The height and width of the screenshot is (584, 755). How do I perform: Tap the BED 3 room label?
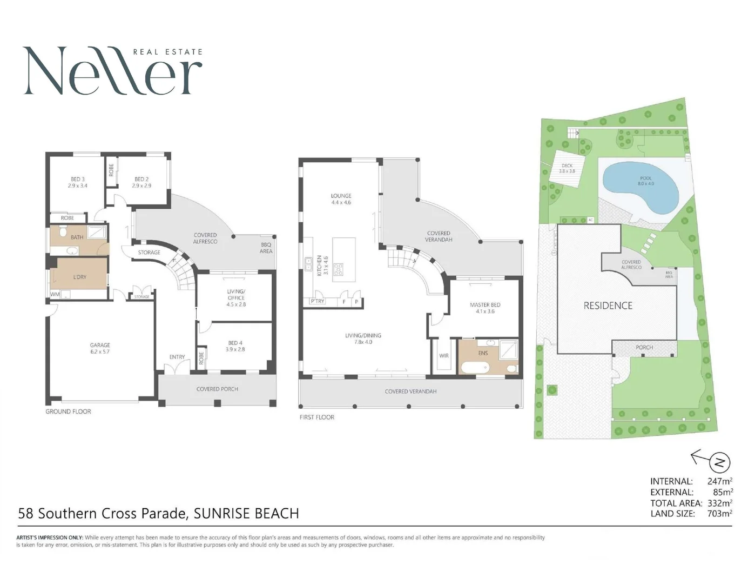point(77,182)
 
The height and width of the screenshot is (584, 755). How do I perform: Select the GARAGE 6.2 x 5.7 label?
point(100,348)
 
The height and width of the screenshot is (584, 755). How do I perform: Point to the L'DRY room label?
point(79,277)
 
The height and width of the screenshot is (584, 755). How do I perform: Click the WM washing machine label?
point(55,295)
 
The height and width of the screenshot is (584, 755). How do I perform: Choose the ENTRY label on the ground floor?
point(177,357)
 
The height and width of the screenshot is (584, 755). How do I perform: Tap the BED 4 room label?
point(235,346)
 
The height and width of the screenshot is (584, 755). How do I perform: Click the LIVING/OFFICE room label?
point(236,298)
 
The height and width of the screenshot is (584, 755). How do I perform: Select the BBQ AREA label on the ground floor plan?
point(266,248)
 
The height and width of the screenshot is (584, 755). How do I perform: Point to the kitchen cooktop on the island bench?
point(338,269)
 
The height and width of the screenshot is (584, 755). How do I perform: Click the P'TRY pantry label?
point(317,301)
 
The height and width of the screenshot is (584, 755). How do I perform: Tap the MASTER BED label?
point(485,308)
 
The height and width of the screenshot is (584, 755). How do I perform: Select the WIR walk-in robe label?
point(444,356)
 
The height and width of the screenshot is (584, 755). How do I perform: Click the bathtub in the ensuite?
point(475,368)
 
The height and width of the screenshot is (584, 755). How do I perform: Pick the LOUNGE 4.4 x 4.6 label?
point(341,199)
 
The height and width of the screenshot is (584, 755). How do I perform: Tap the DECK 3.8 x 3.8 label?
point(567,168)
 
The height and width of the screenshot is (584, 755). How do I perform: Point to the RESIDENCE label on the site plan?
point(608,306)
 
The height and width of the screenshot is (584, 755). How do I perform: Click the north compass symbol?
point(719,462)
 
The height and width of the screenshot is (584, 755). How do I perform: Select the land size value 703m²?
point(719,514)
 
